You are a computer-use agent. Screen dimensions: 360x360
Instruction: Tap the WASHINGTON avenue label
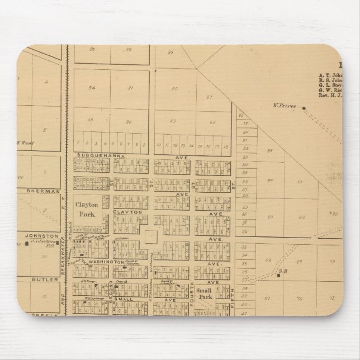click(x=105, y=262)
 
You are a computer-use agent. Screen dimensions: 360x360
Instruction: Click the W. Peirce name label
click(x=283, y=105)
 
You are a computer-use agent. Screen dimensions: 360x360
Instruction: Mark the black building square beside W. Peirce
click(x=304, y=108)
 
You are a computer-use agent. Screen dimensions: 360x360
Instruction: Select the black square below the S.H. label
click(x=278, y=276)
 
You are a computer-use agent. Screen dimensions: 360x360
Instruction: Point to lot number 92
click(x=129, y=121)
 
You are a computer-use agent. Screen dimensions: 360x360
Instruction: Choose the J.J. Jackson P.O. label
click(x=44, y=244)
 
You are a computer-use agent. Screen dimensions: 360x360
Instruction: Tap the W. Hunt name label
click(x=25, y=143)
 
